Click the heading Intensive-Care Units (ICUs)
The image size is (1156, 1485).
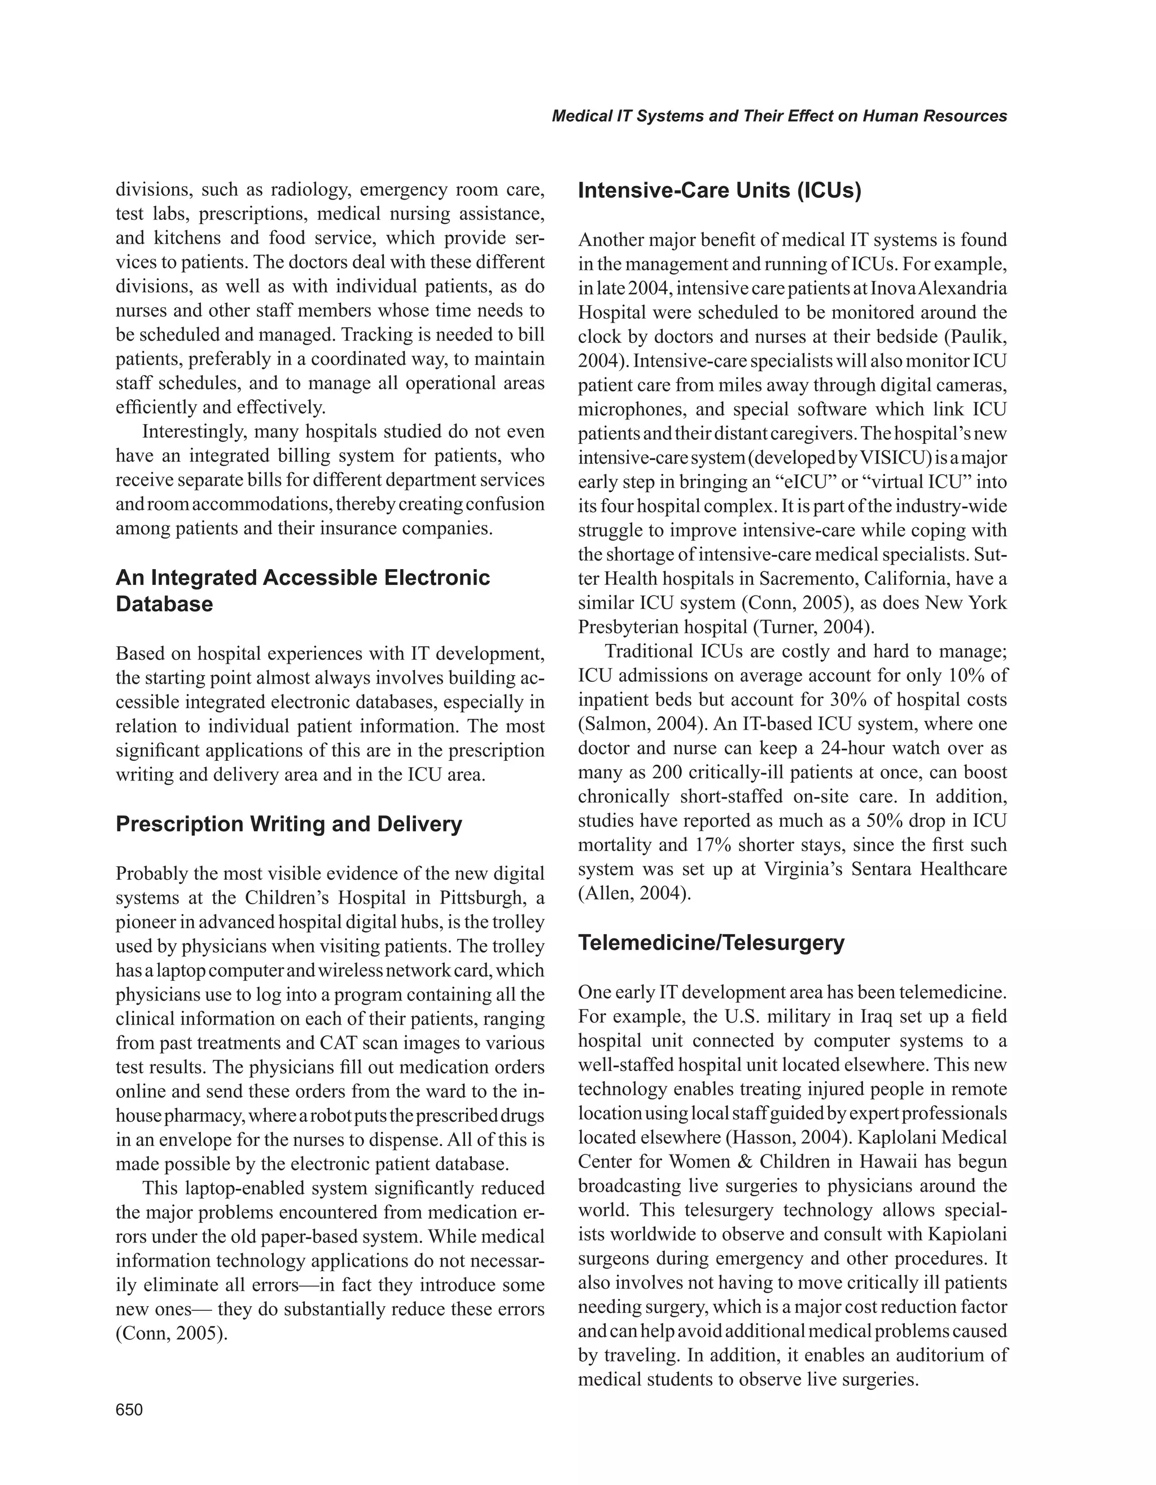coord(719,191)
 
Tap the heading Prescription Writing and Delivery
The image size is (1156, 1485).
coord(288,824)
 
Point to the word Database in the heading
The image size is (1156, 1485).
coord(164,604)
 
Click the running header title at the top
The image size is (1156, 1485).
coord(779,116)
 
